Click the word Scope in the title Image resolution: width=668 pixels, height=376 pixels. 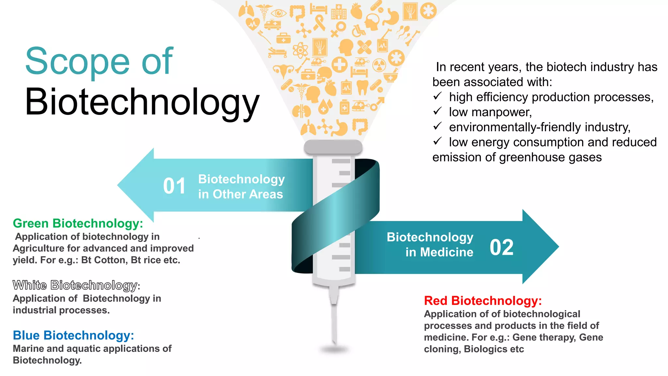tap(78, 61)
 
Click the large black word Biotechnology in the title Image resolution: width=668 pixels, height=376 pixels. tap(142, 102)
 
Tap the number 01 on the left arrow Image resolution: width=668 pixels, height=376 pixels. tap(174, 186)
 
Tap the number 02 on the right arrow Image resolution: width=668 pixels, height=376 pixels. tap(501, 247)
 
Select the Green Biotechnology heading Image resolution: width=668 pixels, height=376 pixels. tap(78, 224)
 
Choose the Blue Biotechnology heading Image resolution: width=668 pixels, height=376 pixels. tap(73, 336)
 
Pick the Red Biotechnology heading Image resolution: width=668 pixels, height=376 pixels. tap(483, 301)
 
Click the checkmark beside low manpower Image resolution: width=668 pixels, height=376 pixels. tap(437, 111)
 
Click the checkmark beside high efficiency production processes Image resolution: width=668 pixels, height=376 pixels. tap(437, 96)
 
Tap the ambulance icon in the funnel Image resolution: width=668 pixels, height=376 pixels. tap(272, 24)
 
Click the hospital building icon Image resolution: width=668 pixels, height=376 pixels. tap(339, 12)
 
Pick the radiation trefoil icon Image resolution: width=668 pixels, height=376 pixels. tap(379, 65)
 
